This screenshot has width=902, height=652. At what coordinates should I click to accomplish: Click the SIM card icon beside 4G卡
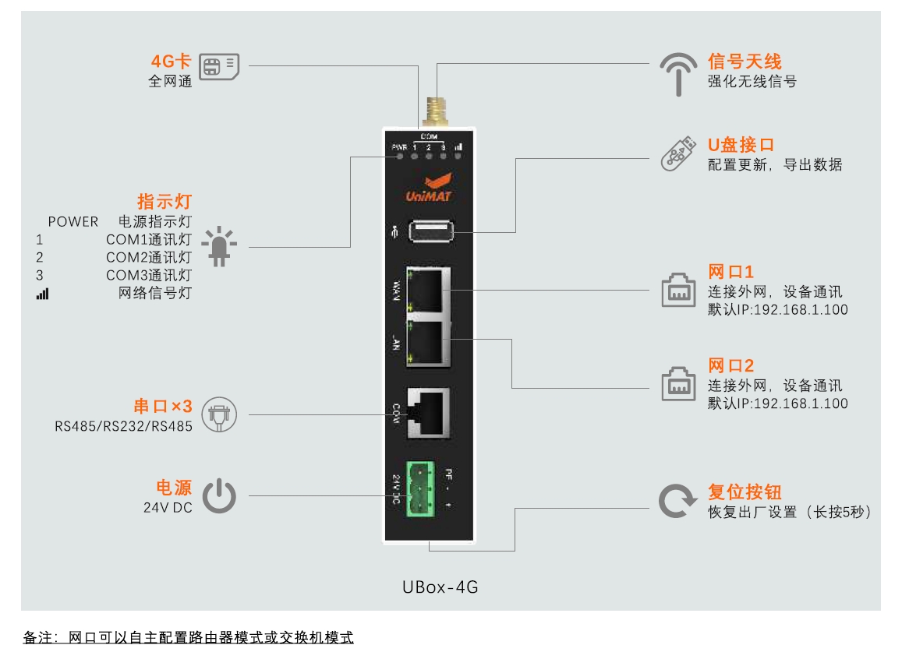click(x=219, y=67)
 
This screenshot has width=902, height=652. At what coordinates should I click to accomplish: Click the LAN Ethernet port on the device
click(x=429, y=341)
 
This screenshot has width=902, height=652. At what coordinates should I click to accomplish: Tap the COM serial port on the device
click(x=429, y=411)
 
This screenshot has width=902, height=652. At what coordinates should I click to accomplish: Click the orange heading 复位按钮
click(x=744, y=492)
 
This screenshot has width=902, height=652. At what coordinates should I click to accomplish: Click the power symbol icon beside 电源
click(x=219, y=496)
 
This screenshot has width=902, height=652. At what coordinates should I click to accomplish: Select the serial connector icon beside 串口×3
click(x=219, y=414)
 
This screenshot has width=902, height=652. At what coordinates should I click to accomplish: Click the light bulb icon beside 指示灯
click(x=220, y=246)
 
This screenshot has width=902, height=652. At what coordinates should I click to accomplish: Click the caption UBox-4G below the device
click(x=440, y=587)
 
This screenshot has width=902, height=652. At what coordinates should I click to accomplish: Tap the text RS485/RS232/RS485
click(x=123, y=426)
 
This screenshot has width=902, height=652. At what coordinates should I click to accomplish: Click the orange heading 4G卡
click(x=171, y=62)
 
